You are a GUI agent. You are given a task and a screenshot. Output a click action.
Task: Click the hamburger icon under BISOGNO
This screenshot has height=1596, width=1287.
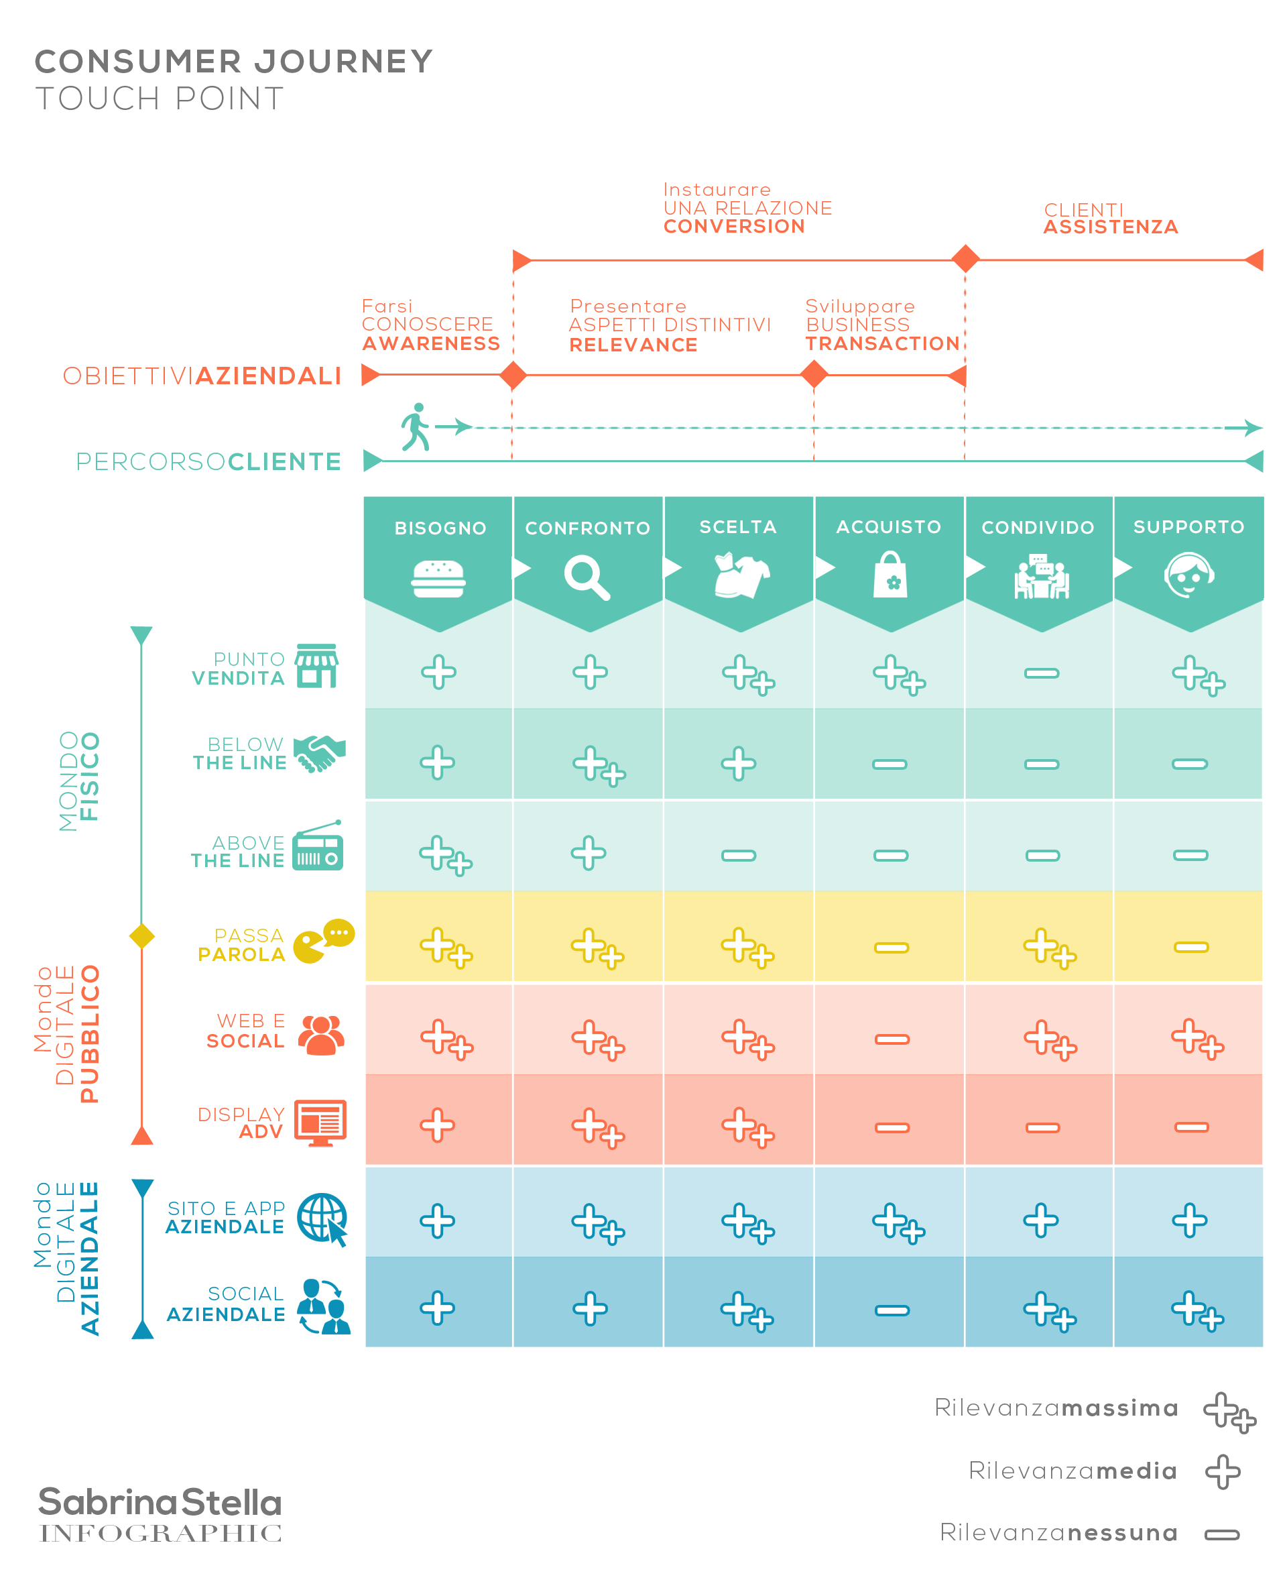coord(438,579)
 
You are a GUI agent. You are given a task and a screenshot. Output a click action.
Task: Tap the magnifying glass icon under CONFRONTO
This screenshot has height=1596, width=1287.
coord(587,577)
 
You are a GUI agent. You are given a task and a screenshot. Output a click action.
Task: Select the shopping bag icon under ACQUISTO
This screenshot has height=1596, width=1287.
coord(890,575)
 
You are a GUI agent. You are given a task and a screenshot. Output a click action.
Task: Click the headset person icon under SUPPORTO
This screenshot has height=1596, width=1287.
coord(1188,575)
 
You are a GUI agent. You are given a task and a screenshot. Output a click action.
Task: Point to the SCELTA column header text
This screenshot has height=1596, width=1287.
coord(737,526)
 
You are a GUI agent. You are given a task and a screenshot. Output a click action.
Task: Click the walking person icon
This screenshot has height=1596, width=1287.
coord(416,426)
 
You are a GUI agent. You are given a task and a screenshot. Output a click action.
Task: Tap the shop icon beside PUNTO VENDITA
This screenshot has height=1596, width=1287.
coord(316,666)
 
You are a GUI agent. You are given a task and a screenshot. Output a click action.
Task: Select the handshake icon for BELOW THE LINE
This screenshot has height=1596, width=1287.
coord(320,754)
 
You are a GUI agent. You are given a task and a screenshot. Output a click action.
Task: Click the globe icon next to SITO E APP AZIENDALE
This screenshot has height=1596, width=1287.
coord(322,1218)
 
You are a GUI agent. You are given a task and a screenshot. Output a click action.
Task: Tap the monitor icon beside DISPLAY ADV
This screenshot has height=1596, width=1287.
coord(320,1123)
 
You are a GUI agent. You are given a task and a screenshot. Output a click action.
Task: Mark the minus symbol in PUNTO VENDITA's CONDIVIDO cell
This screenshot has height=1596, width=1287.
coord(1042,673)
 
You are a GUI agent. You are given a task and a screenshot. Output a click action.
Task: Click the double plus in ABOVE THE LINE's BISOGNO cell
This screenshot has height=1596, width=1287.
coord(446,855)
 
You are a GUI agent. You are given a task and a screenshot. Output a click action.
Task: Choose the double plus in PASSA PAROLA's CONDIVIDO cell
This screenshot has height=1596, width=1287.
coord(1050,948)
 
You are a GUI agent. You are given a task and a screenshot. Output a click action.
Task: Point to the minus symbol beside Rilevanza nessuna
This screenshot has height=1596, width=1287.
coord(1222,1534)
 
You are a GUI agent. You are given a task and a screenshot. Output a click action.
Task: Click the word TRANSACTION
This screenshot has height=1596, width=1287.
coord(882,343)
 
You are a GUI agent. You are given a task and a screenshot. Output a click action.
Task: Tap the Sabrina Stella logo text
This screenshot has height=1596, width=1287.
coord(160,1503)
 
